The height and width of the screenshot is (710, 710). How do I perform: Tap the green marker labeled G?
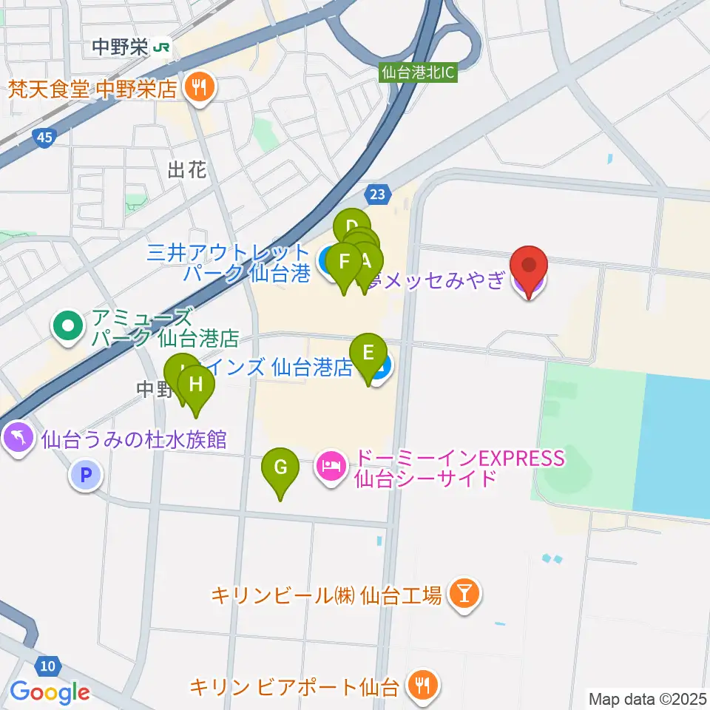[x=280, y=468]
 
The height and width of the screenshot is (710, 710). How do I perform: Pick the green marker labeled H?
[x=196, y=385]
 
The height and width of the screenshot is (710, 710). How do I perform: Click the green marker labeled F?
[x=344, y=262]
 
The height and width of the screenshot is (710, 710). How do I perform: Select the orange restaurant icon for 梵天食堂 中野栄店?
[x=198, y=89]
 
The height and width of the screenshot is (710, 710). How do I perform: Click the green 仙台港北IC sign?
[x=419, y=72]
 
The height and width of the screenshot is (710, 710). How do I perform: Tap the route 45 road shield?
[x=43, y=138]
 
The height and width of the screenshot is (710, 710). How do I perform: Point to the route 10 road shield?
[x=47, y=666]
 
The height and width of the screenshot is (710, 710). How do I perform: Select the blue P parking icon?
[x=86, y=476]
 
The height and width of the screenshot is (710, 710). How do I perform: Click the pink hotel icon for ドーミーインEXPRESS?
[x=331, y=467]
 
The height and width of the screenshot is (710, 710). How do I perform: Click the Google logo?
[x=50, y=692]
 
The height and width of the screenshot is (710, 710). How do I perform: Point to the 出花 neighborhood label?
[x=186, y=171]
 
